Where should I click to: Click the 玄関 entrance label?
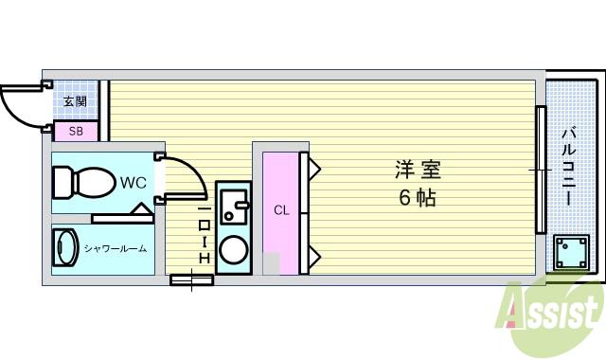(75, 101)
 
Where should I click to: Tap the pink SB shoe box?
(74, 132)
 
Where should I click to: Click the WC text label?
(133, 183)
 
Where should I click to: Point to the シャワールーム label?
(115, 249)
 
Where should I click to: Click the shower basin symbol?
(65, 249)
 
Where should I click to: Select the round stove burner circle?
(233, 250)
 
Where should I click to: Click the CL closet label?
(281, 210)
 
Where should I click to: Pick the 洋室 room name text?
(418, 171)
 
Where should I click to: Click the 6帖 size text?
(417, 199)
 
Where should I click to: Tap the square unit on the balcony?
(571, 253)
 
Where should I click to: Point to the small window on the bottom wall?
(191, 279)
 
